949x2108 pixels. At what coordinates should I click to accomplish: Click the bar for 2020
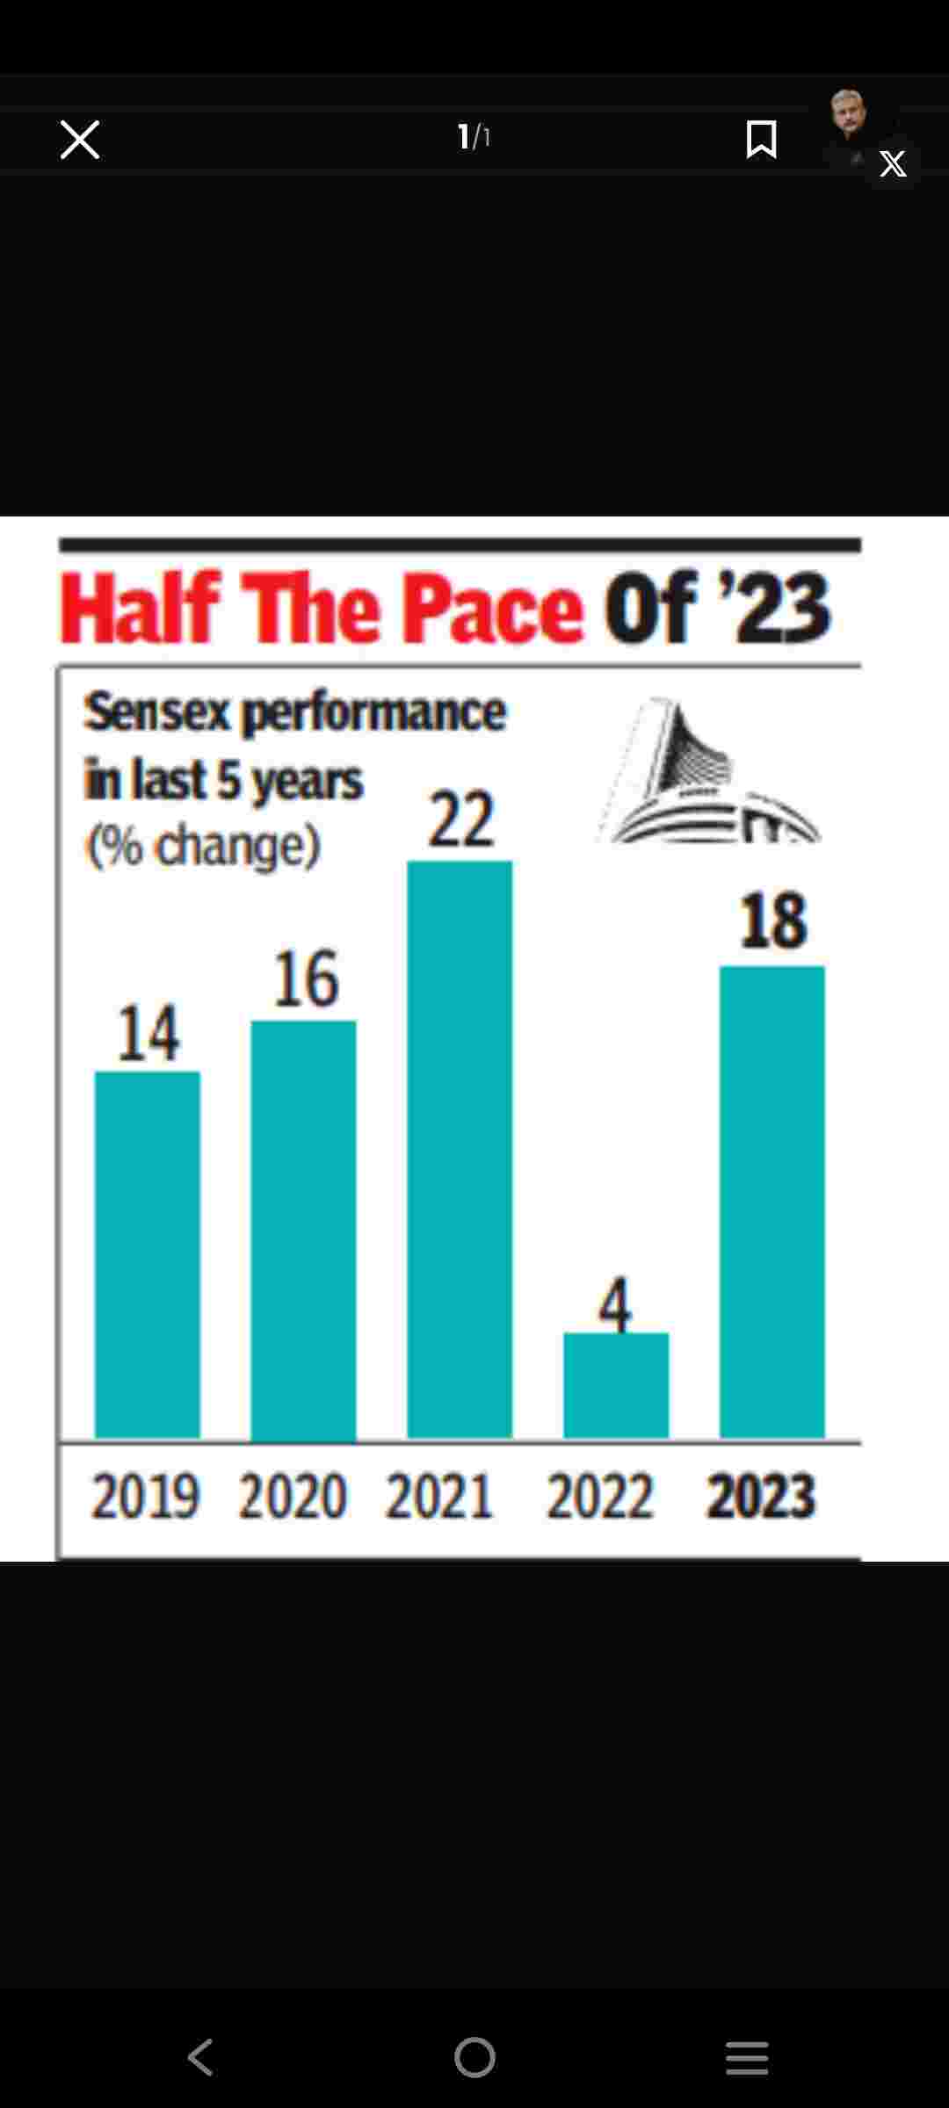(x=304, y=1230)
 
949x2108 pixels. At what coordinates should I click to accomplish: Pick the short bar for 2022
(x=616, y=1385)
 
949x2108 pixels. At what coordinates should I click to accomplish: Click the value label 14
(x=149, y=1033)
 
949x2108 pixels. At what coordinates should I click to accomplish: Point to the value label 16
(x=306, y=978)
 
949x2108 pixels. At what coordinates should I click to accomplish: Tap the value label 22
(x=460, y=819)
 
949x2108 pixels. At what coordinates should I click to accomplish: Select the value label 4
(x=615, y=1305)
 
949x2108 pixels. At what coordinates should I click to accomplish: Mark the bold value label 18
(x=773, y=921)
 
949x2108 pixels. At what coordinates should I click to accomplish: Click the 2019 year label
(x=146, y=1496)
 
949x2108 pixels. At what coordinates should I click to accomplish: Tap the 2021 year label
(x=439, y=1496)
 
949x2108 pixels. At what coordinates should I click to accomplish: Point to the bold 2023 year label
(x=762, y=1496)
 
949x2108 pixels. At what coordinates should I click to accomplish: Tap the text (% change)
(x=203, y=846)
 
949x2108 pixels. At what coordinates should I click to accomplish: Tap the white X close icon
(x=80, y=140)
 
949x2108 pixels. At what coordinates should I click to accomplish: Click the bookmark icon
(x=761, y=140)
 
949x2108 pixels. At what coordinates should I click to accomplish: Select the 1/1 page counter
(x=474, y=137)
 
